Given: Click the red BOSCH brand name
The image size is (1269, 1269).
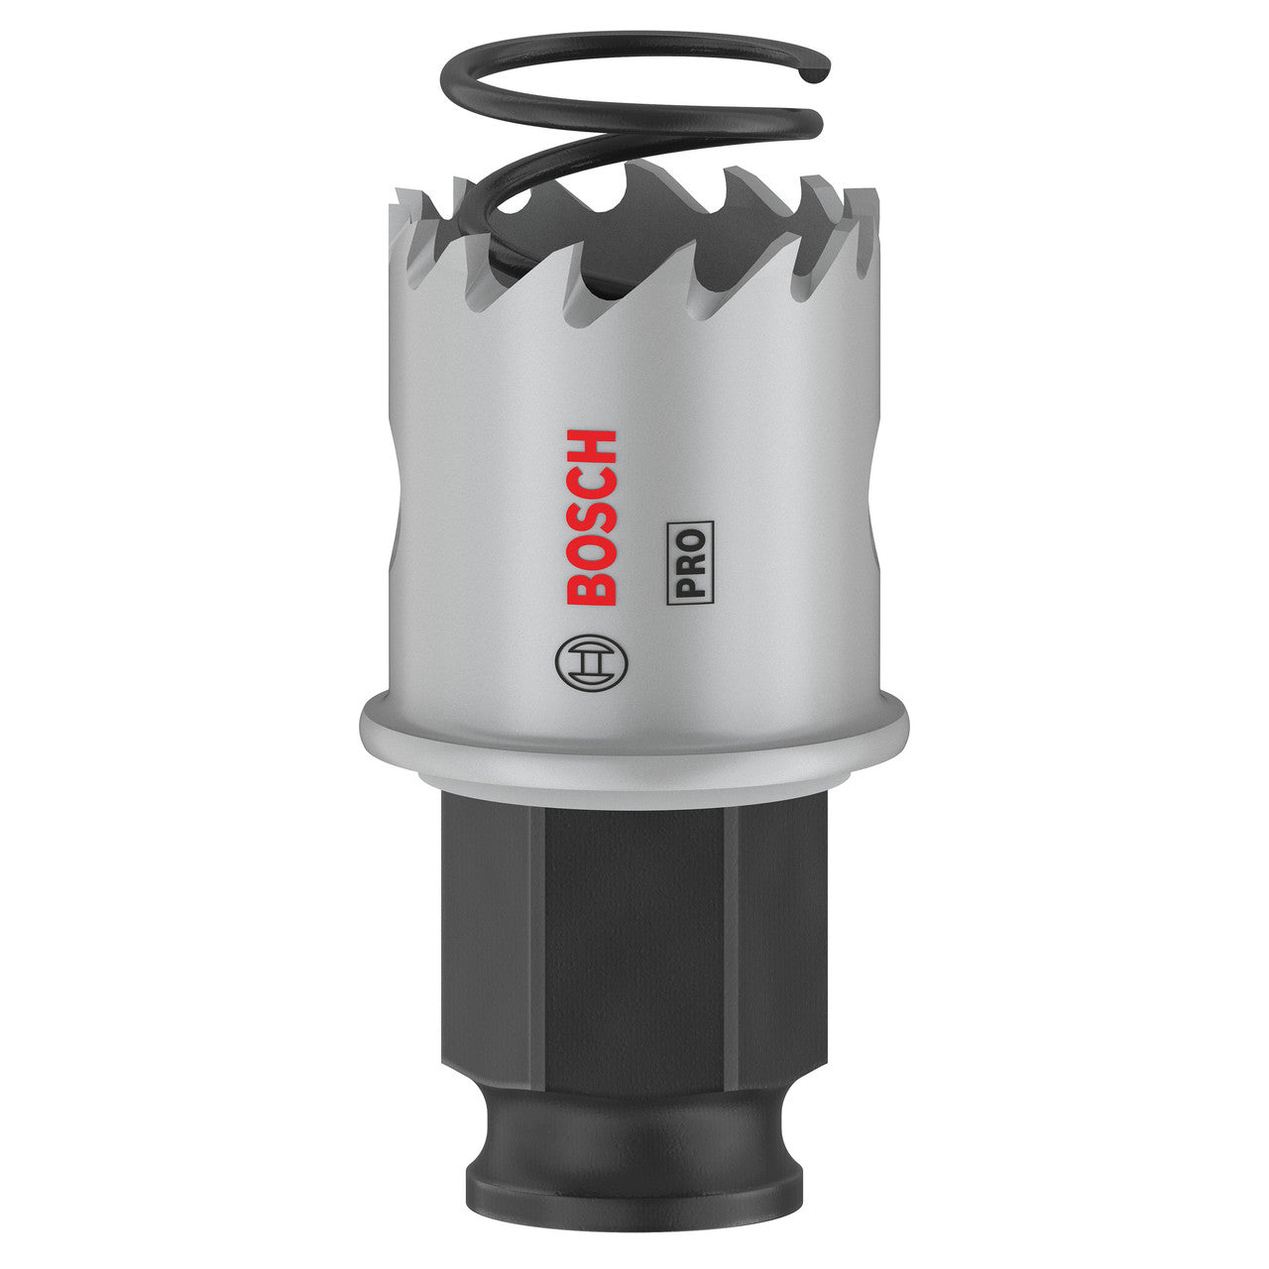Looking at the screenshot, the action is tap(591, 517).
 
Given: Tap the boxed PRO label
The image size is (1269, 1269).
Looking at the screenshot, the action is tap(690, 562).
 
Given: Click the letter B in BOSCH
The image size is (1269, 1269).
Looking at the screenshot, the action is tap(591, 588).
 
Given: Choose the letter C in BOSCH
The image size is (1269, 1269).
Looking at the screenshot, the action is tap(591, 482).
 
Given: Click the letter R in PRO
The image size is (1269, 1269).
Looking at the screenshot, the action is tap(690, 563).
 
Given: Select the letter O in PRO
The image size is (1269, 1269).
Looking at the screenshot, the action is tap(690, 538).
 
